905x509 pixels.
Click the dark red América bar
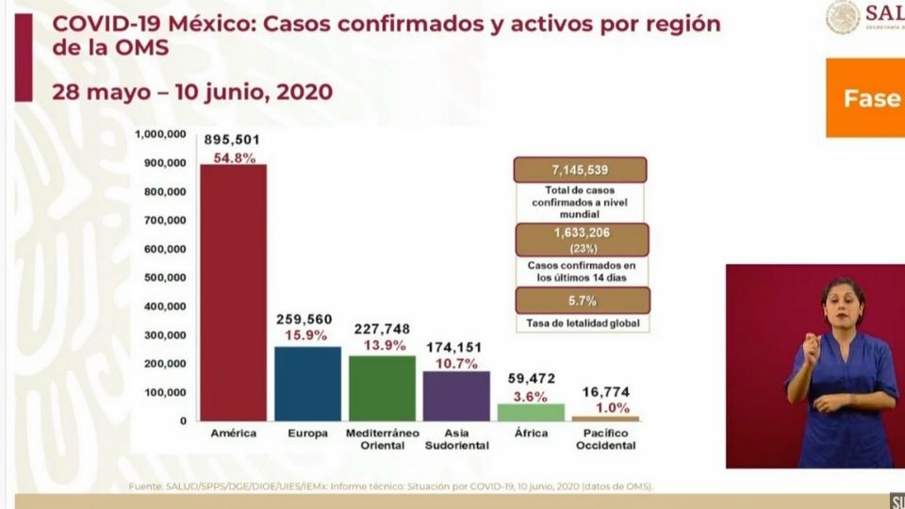click(x=233, y=292)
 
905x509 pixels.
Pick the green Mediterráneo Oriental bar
click(x=382, y=387)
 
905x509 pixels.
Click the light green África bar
click(x=530, y=412)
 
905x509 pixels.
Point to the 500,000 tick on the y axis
click(x=163, y=278)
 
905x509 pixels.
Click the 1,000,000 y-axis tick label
click(x=159, y=135)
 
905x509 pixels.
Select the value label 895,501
click(x=232, y=140)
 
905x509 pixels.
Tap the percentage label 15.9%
click(x=306, y=336)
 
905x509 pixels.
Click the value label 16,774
click(x=604, y=391)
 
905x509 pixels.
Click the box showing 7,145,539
click(x=581, y=170)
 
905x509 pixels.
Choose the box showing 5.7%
click(x=581, y=301)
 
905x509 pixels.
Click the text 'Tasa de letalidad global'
click(x=581, y=324)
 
